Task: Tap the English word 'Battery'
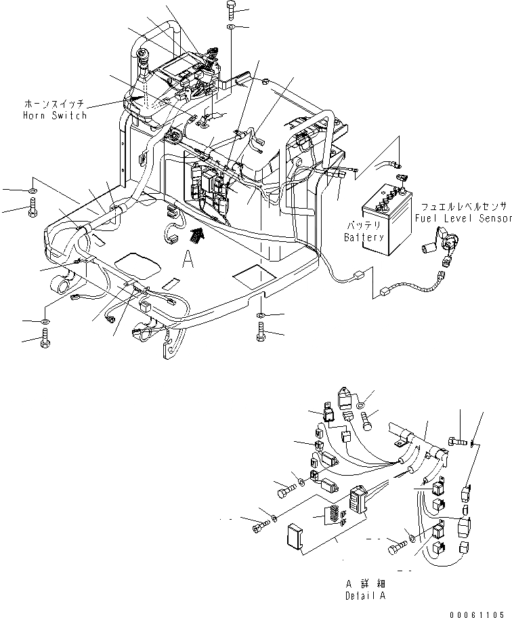click(364, 238)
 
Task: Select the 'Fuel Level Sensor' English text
click(463, 218)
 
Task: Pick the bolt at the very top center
click(230, 9)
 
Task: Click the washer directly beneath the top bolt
click(231, 27)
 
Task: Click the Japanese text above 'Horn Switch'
click(55, 105)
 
